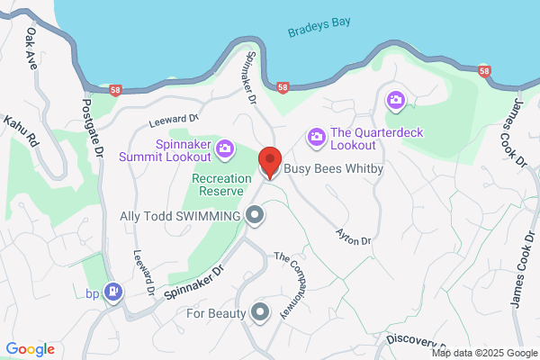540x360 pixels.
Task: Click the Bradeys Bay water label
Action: [x=319, y=31]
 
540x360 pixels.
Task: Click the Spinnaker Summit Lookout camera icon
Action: [x=226, y=148]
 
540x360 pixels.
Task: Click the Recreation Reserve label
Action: [x=221, y=184]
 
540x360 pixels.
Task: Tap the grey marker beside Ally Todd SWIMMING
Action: [x=255, y=215]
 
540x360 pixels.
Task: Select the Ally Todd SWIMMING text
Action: [x=181, y=216]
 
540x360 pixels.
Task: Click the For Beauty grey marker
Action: [x=260, y=312]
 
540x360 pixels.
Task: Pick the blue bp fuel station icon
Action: [x=113, y=292]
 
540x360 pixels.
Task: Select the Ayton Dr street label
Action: [x=353, y=238]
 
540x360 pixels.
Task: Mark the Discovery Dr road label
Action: [x=415, y=340]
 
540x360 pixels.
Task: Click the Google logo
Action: [x=30, y=349]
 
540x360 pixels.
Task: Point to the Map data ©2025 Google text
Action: [x=488, y=353]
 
